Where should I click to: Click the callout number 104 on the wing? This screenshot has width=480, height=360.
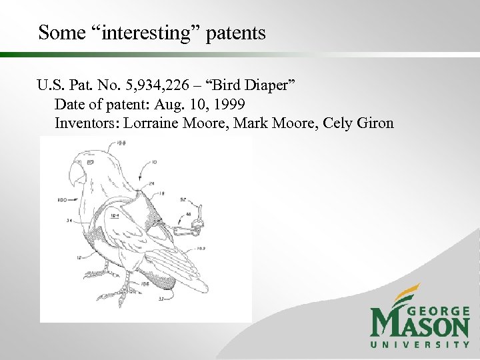(114, 215)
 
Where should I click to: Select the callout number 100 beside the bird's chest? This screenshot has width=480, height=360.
(62, 199)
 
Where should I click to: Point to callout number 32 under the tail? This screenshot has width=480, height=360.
(161, 299)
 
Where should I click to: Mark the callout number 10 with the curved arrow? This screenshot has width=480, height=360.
(155, 162)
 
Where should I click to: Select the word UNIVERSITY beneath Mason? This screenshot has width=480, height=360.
(420, 345)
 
